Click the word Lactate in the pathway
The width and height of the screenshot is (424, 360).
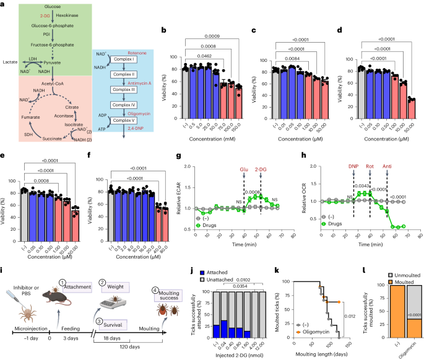click(x=11, y=62)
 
